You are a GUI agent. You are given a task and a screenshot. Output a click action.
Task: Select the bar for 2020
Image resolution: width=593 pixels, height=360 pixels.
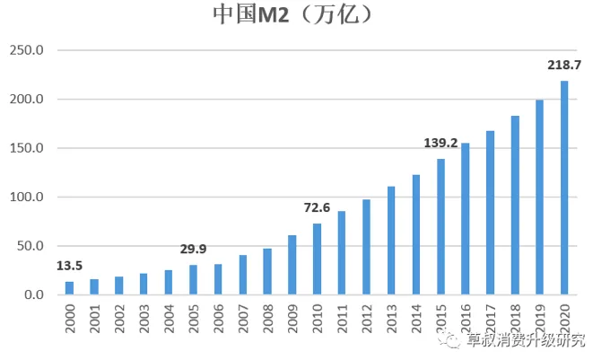564,188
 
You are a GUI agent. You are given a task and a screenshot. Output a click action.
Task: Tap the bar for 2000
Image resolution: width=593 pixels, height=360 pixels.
69,288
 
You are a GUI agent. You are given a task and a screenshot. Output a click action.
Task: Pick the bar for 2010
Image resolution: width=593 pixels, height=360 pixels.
317,259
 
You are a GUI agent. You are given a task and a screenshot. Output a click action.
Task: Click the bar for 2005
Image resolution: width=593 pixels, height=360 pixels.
193,280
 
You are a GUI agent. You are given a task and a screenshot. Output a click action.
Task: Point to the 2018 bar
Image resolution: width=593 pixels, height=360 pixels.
515,206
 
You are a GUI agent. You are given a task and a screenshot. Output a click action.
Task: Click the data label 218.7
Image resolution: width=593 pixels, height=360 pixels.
564,65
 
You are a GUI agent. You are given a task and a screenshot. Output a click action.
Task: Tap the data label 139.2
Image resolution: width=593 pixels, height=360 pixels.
440,142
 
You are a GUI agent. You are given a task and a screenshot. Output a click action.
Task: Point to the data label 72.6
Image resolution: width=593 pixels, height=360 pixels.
317,207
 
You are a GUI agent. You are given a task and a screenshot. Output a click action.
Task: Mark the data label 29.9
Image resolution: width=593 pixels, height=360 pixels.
193,249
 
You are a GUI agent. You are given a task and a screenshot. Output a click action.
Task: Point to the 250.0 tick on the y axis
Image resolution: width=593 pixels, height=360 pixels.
26,50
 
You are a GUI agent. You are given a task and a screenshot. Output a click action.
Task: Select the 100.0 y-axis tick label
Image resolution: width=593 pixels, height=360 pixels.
26,198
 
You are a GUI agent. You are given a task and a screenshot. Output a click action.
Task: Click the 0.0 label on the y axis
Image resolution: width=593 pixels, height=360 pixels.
33,295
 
